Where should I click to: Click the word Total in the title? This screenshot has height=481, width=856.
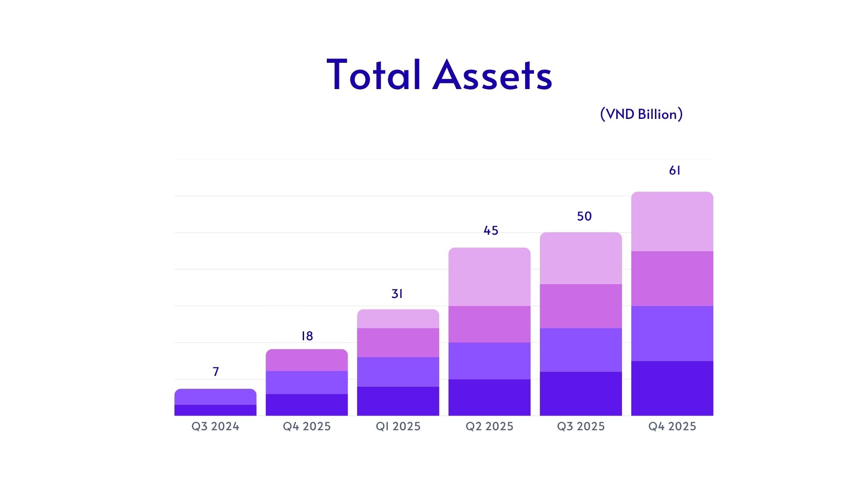374,74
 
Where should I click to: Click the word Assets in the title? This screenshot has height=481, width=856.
492,74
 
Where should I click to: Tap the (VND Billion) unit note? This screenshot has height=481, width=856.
641,114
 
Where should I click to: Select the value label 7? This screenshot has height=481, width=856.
216,371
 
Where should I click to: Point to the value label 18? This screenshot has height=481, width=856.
307,336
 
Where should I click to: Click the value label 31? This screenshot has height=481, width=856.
397,293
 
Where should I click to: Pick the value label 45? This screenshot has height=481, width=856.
491,230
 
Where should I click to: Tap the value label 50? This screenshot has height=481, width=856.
584,216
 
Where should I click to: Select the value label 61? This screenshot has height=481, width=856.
675,170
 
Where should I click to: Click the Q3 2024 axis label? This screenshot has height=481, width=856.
215,426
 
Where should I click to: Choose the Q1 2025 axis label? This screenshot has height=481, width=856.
398,426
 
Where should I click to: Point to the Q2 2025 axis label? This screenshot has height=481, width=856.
490,426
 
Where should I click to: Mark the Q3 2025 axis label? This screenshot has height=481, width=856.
581,426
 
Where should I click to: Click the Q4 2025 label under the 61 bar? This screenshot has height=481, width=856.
672,426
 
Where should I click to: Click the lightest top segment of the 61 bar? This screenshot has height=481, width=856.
672,221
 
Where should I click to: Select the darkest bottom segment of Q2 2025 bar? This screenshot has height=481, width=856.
490,397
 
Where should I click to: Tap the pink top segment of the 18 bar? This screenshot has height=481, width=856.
307,360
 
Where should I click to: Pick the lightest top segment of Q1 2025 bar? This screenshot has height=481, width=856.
398,319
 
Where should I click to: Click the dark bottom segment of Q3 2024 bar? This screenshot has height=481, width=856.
215,410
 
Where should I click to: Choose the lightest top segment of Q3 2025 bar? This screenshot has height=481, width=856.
581,258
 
